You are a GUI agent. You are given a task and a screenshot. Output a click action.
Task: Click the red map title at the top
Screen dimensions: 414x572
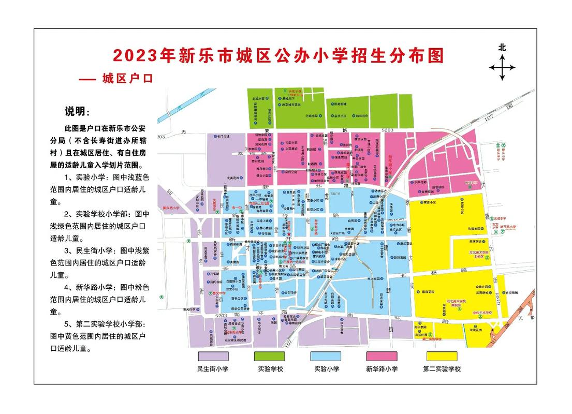coord(278,55)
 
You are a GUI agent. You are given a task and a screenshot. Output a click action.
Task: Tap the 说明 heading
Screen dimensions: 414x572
coord(76,112)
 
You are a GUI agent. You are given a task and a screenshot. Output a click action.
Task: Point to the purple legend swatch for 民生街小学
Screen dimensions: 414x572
coord(213,356)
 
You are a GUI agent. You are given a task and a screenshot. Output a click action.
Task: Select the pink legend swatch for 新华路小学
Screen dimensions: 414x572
coord(382,356)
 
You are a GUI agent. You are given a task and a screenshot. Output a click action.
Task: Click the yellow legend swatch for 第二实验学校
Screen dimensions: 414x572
coord(442,356)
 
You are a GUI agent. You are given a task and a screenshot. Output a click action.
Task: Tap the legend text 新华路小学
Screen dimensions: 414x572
coord(382,369)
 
